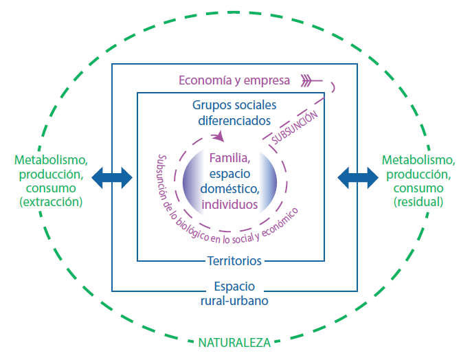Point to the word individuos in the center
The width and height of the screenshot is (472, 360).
(229, 204)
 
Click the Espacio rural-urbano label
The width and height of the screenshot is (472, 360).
(234, 292)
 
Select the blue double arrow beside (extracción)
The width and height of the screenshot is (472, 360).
(112, 177)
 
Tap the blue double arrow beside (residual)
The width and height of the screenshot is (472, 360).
(357, 177)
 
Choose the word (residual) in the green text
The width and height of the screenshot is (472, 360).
(418, 203)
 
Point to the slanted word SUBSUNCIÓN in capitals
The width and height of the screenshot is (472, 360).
(295, 128)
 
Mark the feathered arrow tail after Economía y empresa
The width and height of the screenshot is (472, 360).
(311, 81)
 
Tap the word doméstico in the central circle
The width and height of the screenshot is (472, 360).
(229, 188)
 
